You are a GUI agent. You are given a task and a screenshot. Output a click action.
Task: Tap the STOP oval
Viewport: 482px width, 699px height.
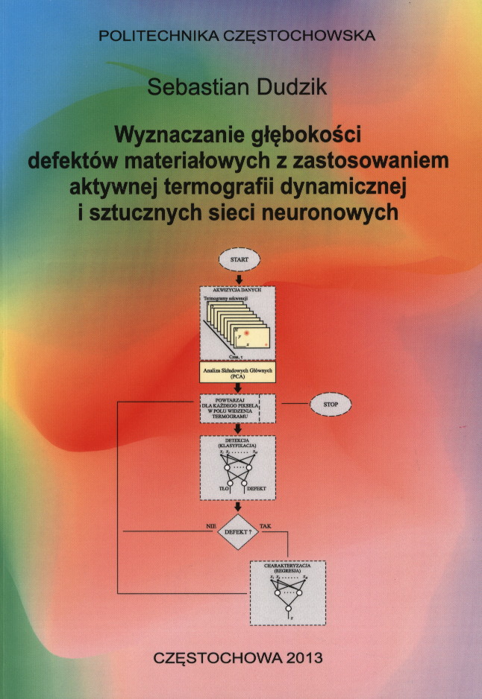point(330,403)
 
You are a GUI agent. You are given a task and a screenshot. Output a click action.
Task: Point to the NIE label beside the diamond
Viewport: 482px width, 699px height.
point(210,526)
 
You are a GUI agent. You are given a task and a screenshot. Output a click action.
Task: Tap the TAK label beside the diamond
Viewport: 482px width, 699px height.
point(266,526)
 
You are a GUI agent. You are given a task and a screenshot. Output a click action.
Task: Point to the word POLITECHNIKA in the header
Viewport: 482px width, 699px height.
point(152,34)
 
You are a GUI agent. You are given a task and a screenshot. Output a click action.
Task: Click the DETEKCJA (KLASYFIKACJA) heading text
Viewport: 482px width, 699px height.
point(238,443)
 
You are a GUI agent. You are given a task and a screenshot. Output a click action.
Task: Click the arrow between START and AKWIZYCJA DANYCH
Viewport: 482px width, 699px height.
point(238,279)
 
